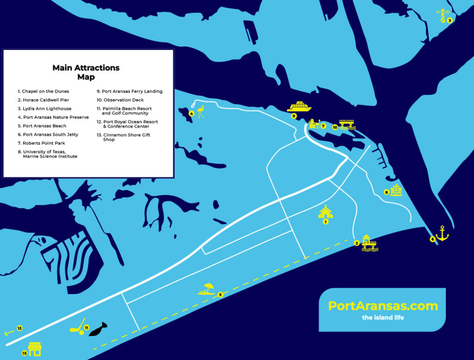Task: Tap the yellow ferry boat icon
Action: (x=299, y=107)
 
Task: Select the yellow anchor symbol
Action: (x=443, y=234)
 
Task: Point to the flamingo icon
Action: (x=200, y=112)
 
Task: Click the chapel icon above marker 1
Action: (x=325, y=211)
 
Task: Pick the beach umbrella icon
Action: (x=206, y=289)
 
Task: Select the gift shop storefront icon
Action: (x=35, y=349)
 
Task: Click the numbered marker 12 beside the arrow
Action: (x=19, y=328)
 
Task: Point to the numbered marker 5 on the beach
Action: (x=220, y=294)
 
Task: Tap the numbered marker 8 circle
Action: (x=387, y=192)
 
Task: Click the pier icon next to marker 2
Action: (x=369, y=243)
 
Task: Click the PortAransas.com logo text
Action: (x=383, y=306)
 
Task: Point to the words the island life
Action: (x=383, y=318)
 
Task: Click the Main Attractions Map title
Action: (x=86, y=72)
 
